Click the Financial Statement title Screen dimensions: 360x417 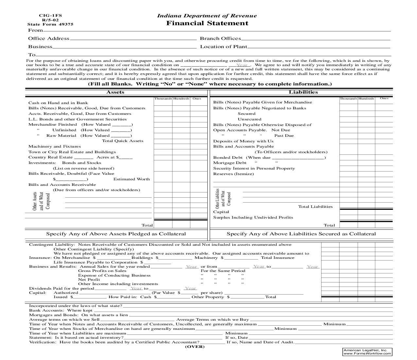pos(207,23)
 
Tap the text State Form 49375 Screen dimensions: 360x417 pos(50,24)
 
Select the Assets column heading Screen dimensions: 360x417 pos(115,92)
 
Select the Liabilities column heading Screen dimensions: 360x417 pos(303,92)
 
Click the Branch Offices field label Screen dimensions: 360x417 pos(220,39)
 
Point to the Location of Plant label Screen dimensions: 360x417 pos(223,47)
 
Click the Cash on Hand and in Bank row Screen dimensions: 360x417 pos(58,103)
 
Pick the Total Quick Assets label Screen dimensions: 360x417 pos(123,141)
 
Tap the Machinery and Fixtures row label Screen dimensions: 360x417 pos(54,147)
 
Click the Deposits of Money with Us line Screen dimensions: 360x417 pos(243,141)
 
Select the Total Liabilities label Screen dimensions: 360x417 pos(315,207)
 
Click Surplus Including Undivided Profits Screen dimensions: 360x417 pos(253,218)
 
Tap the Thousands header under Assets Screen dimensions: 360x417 pos(163,99)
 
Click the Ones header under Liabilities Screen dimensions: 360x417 pos(384,98)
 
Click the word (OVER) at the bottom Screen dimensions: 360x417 pos(195,347)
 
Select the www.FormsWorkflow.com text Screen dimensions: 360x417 pos(367,353)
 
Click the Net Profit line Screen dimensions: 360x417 pos(89,279)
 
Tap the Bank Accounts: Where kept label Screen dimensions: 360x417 pos(61,310)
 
